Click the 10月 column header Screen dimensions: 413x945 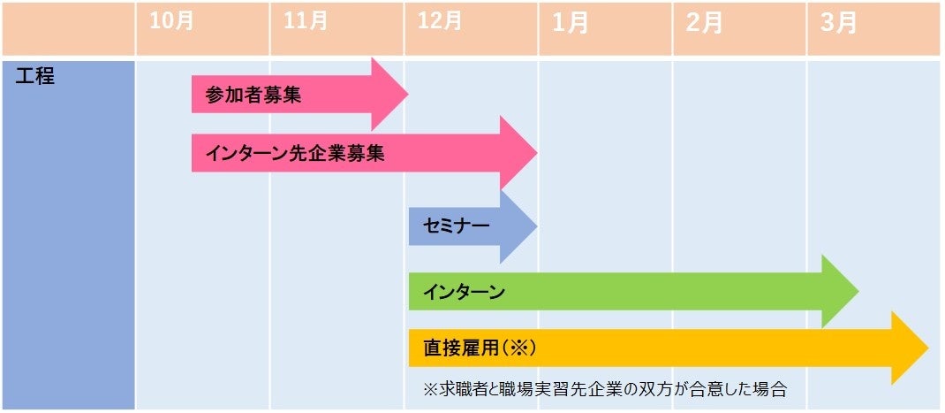[171, 21]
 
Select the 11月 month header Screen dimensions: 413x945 [306, 21]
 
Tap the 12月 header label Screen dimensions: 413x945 [441, 21]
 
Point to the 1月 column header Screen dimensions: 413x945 [571, 23]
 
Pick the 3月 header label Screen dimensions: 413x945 [838, 23]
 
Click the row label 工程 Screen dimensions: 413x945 [36, 76]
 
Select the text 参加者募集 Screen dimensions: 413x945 [253, 95]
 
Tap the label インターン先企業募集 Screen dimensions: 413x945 [295, 153]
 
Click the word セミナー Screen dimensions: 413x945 [456, 226]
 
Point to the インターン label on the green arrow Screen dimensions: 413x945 [464, 292]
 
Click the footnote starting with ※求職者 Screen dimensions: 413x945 [605, 388]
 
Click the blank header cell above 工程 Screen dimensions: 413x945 [68, 29]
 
